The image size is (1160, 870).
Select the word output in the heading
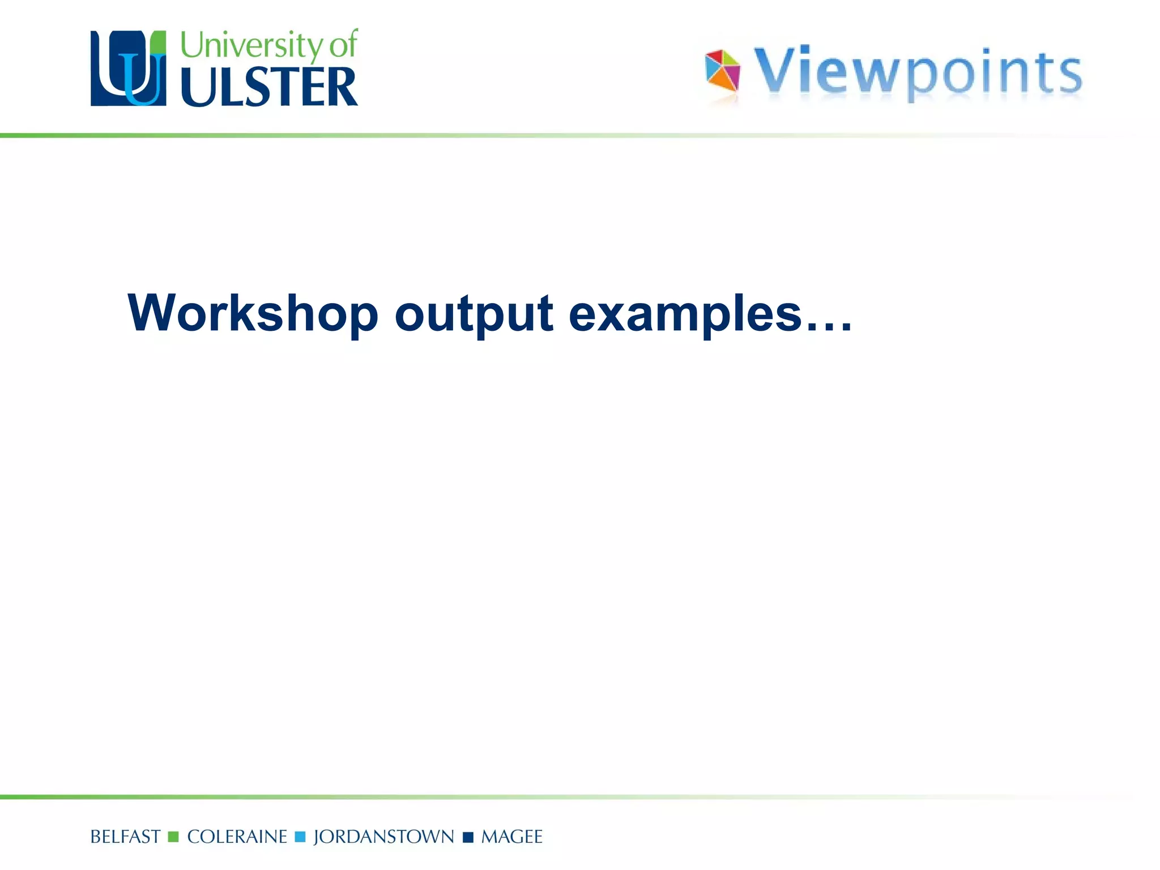(474, 315)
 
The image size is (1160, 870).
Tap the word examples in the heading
(685, 315)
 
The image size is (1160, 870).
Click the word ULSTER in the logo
(269, 87)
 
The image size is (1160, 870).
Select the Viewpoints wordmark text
(918, 72)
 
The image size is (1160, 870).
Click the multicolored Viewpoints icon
(722, 70)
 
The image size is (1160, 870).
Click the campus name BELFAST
(125, 837)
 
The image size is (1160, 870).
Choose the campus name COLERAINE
(237, 837)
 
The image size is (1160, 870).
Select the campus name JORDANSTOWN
(383, 837)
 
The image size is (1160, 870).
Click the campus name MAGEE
(511, 837)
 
